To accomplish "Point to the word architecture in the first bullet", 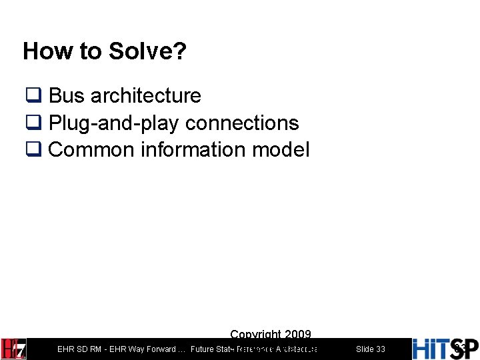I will (x=145, y=96).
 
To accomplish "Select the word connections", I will (x=243, y=123).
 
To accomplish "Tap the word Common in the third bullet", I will (x=92, y=150).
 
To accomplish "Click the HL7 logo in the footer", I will (x=14, y=349).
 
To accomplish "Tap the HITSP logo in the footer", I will (x=445, y=349).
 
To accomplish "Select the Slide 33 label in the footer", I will (x=370, y=349).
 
